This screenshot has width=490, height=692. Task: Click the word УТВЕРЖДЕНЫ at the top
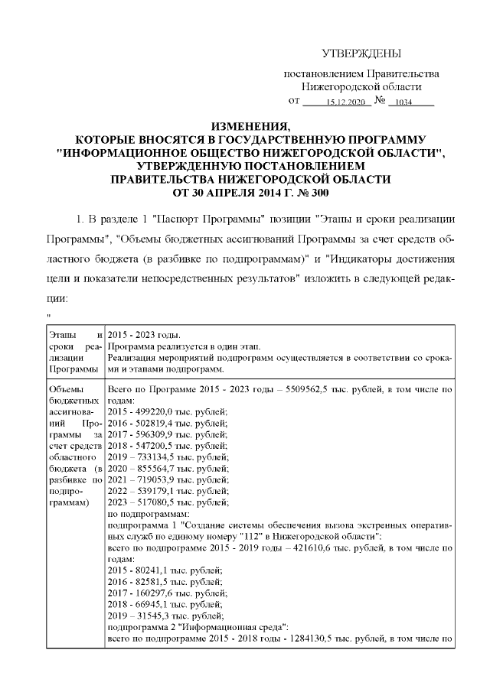click(361, 53)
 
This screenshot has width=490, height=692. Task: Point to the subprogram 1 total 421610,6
click(338, 547)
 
